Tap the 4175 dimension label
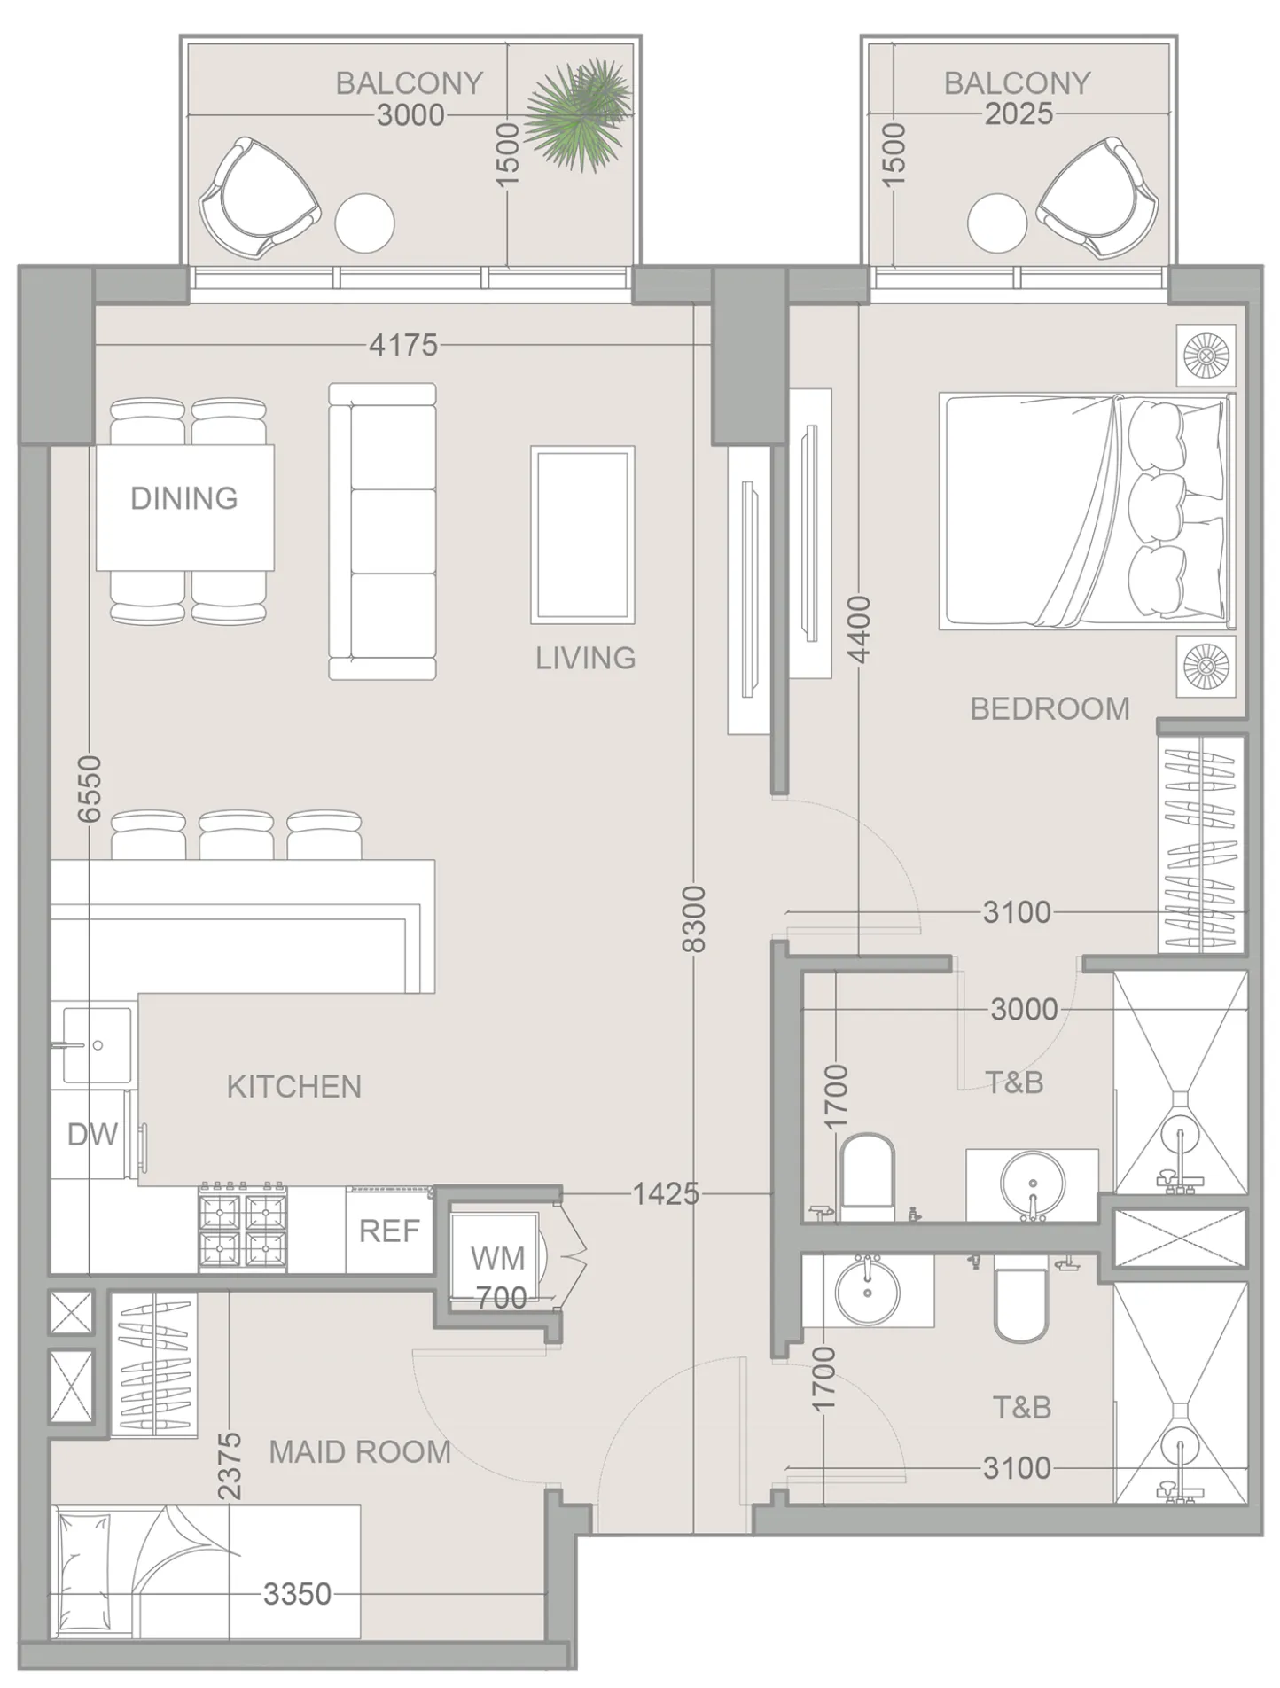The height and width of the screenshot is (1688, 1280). pyautogui.click(x=403, y=345)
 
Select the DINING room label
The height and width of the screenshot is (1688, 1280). pyautogui.click(x=184, y=498)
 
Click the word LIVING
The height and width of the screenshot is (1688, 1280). pyautogui.click(x=586, y=658)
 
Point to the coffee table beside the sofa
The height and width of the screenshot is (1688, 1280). pyautogui.click(x=582, y=535)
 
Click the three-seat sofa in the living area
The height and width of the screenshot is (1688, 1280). pyautogui.click(x=382, y=531)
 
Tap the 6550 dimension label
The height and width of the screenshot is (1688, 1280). pyautogui.click(x=90, y=788)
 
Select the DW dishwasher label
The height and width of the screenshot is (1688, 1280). pyautogui.click(x=92, y=1134)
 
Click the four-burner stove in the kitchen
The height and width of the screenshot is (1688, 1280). pyautogui.click(x=243, y=1229)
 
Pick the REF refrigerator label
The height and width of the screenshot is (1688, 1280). pyautogui.click(x=389, y=1231)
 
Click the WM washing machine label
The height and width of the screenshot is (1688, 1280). pyautogui.click(x=497, y=1257)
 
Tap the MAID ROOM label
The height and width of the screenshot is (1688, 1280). pyautogui.click(x=360, y=1452)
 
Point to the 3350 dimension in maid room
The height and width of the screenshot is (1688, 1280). pyautogui.click(x=298, y=1594)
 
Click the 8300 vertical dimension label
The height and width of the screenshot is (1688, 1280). pyautogui.click(x=694, y=918)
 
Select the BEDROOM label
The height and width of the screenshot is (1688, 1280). pyautogui.click(x=1050, y=708)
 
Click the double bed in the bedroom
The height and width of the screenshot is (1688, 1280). pyautogui.click(x=1085, y=512)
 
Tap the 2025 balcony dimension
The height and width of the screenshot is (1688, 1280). pyautogui.click(x=1019, y=114)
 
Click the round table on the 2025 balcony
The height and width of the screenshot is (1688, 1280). pyautogui.click(x=997, y=223)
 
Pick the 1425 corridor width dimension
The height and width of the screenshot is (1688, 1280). pyautogui.click(x=666, y=1194)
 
